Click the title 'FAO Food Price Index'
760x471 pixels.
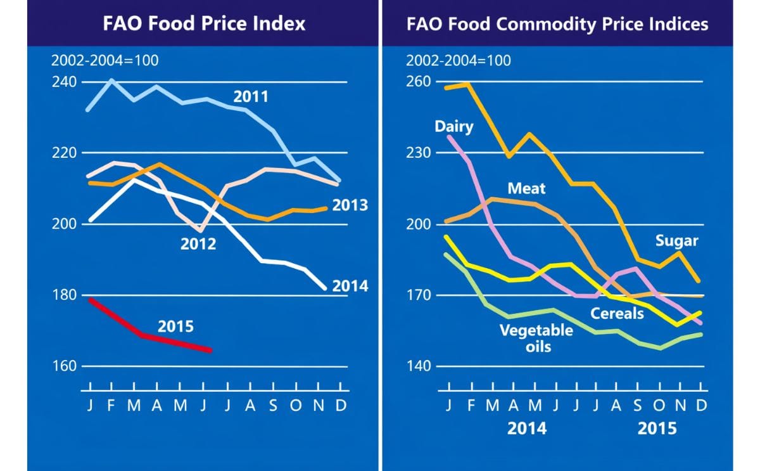(204, 24)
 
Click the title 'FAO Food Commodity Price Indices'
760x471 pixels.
(557, 24)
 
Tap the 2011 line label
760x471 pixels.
(251, 97)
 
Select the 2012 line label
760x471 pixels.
(198, 243)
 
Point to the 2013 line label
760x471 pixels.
(350, 206)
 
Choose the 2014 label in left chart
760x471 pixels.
(350, 287)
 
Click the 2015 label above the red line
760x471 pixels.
(175, 327)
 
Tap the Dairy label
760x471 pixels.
(453, 126)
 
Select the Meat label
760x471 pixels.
(526, 188)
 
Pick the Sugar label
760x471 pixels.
(676, 241)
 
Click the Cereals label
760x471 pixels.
(617, 313)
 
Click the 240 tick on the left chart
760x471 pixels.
(63, 82)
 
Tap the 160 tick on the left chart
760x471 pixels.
(63, 366)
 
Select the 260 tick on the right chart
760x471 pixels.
(419, 82)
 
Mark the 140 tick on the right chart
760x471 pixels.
(419, 366)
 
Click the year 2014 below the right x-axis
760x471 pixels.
(527, 429)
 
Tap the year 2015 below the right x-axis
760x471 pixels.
(657, 429)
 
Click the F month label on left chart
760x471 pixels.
(111, 406)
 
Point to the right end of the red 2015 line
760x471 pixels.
(210, 350)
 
